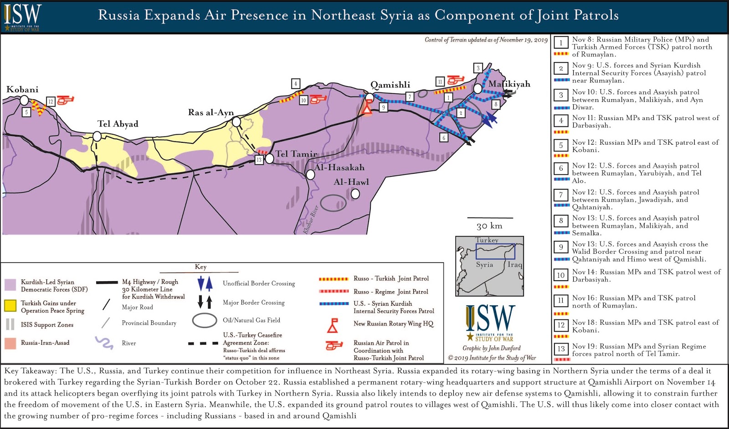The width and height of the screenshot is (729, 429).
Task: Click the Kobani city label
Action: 22,89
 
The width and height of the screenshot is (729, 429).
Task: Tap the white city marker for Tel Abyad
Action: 97,136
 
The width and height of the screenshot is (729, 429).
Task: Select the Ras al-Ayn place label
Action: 211,112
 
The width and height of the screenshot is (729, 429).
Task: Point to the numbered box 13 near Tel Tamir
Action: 259,160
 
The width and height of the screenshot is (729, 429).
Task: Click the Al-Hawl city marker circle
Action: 355,194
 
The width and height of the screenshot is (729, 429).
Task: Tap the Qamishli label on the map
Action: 390,85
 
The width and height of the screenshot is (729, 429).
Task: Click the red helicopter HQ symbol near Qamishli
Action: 367,108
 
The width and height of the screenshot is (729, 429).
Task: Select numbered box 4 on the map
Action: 296,84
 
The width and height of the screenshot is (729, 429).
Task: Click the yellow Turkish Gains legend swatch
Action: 10,306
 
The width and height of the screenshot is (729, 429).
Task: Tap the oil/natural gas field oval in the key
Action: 205,320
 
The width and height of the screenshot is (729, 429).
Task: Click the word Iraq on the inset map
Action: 515,265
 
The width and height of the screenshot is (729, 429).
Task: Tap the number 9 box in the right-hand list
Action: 561,247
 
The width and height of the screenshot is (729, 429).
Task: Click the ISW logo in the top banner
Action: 22,17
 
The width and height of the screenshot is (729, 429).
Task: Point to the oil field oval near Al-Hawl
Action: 333,203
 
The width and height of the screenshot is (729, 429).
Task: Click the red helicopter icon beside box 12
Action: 65,100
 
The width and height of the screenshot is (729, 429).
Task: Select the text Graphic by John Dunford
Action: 492,348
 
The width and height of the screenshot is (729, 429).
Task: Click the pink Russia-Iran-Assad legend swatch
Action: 10,343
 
